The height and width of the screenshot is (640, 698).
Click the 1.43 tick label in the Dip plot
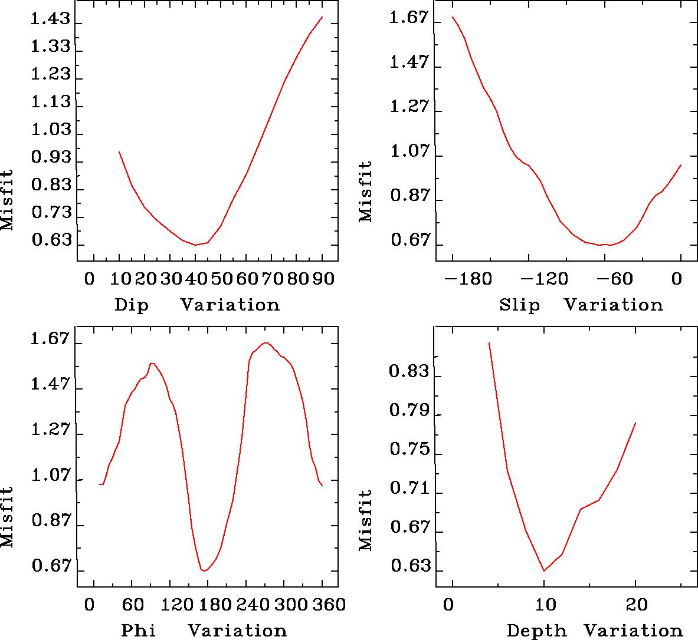(50, 21)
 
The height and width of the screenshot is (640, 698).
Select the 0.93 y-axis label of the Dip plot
(50, 159)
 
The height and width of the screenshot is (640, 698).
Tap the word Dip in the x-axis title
(131, 305)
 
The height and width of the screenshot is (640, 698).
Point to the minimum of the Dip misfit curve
(195, 245)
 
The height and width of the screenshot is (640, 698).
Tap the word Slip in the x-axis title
(519, 305)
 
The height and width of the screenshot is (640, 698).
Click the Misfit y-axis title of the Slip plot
(366, 192)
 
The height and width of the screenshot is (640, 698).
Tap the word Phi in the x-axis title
(138, 631)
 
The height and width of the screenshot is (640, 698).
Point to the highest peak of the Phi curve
(266, 342)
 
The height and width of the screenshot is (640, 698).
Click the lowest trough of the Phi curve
(204, 570)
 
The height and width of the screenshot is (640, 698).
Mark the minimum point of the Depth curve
(544, 570)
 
